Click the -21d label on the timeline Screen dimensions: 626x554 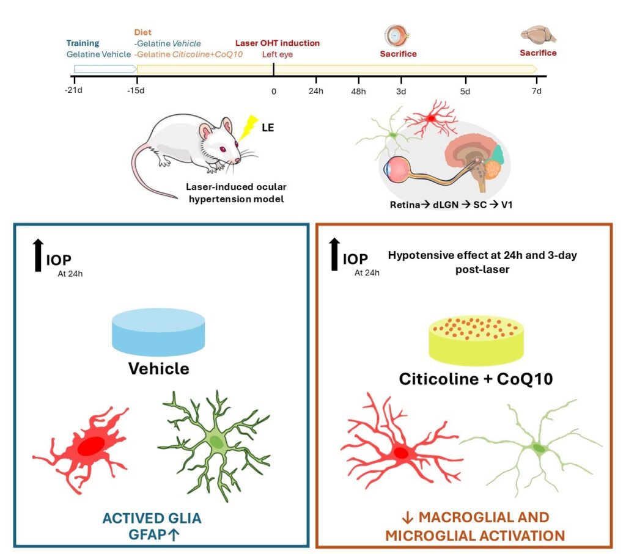tap(73, 90)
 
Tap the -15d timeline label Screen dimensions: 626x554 tap(136, 90)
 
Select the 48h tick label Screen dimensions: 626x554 tap(358, 92)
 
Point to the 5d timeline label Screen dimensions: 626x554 tap(465, 92)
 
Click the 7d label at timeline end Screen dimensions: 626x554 tap(537, 91)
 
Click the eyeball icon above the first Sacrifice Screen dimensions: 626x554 tap(397, 35)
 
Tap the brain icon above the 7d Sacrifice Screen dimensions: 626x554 tap(539, 35)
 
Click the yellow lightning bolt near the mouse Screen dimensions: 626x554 tap(248, 127)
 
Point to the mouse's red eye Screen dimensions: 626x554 tap(223, 149)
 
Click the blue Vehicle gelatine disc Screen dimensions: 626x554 tap(158, 332)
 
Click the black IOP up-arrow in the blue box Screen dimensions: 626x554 tap(38, 255)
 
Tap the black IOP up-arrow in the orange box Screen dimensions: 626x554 tap(334, 255)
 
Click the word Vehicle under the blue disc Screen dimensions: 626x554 tap(159, 368)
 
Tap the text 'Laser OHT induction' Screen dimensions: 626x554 tap(278, 43)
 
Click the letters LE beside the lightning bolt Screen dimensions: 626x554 tap(268, 128)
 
